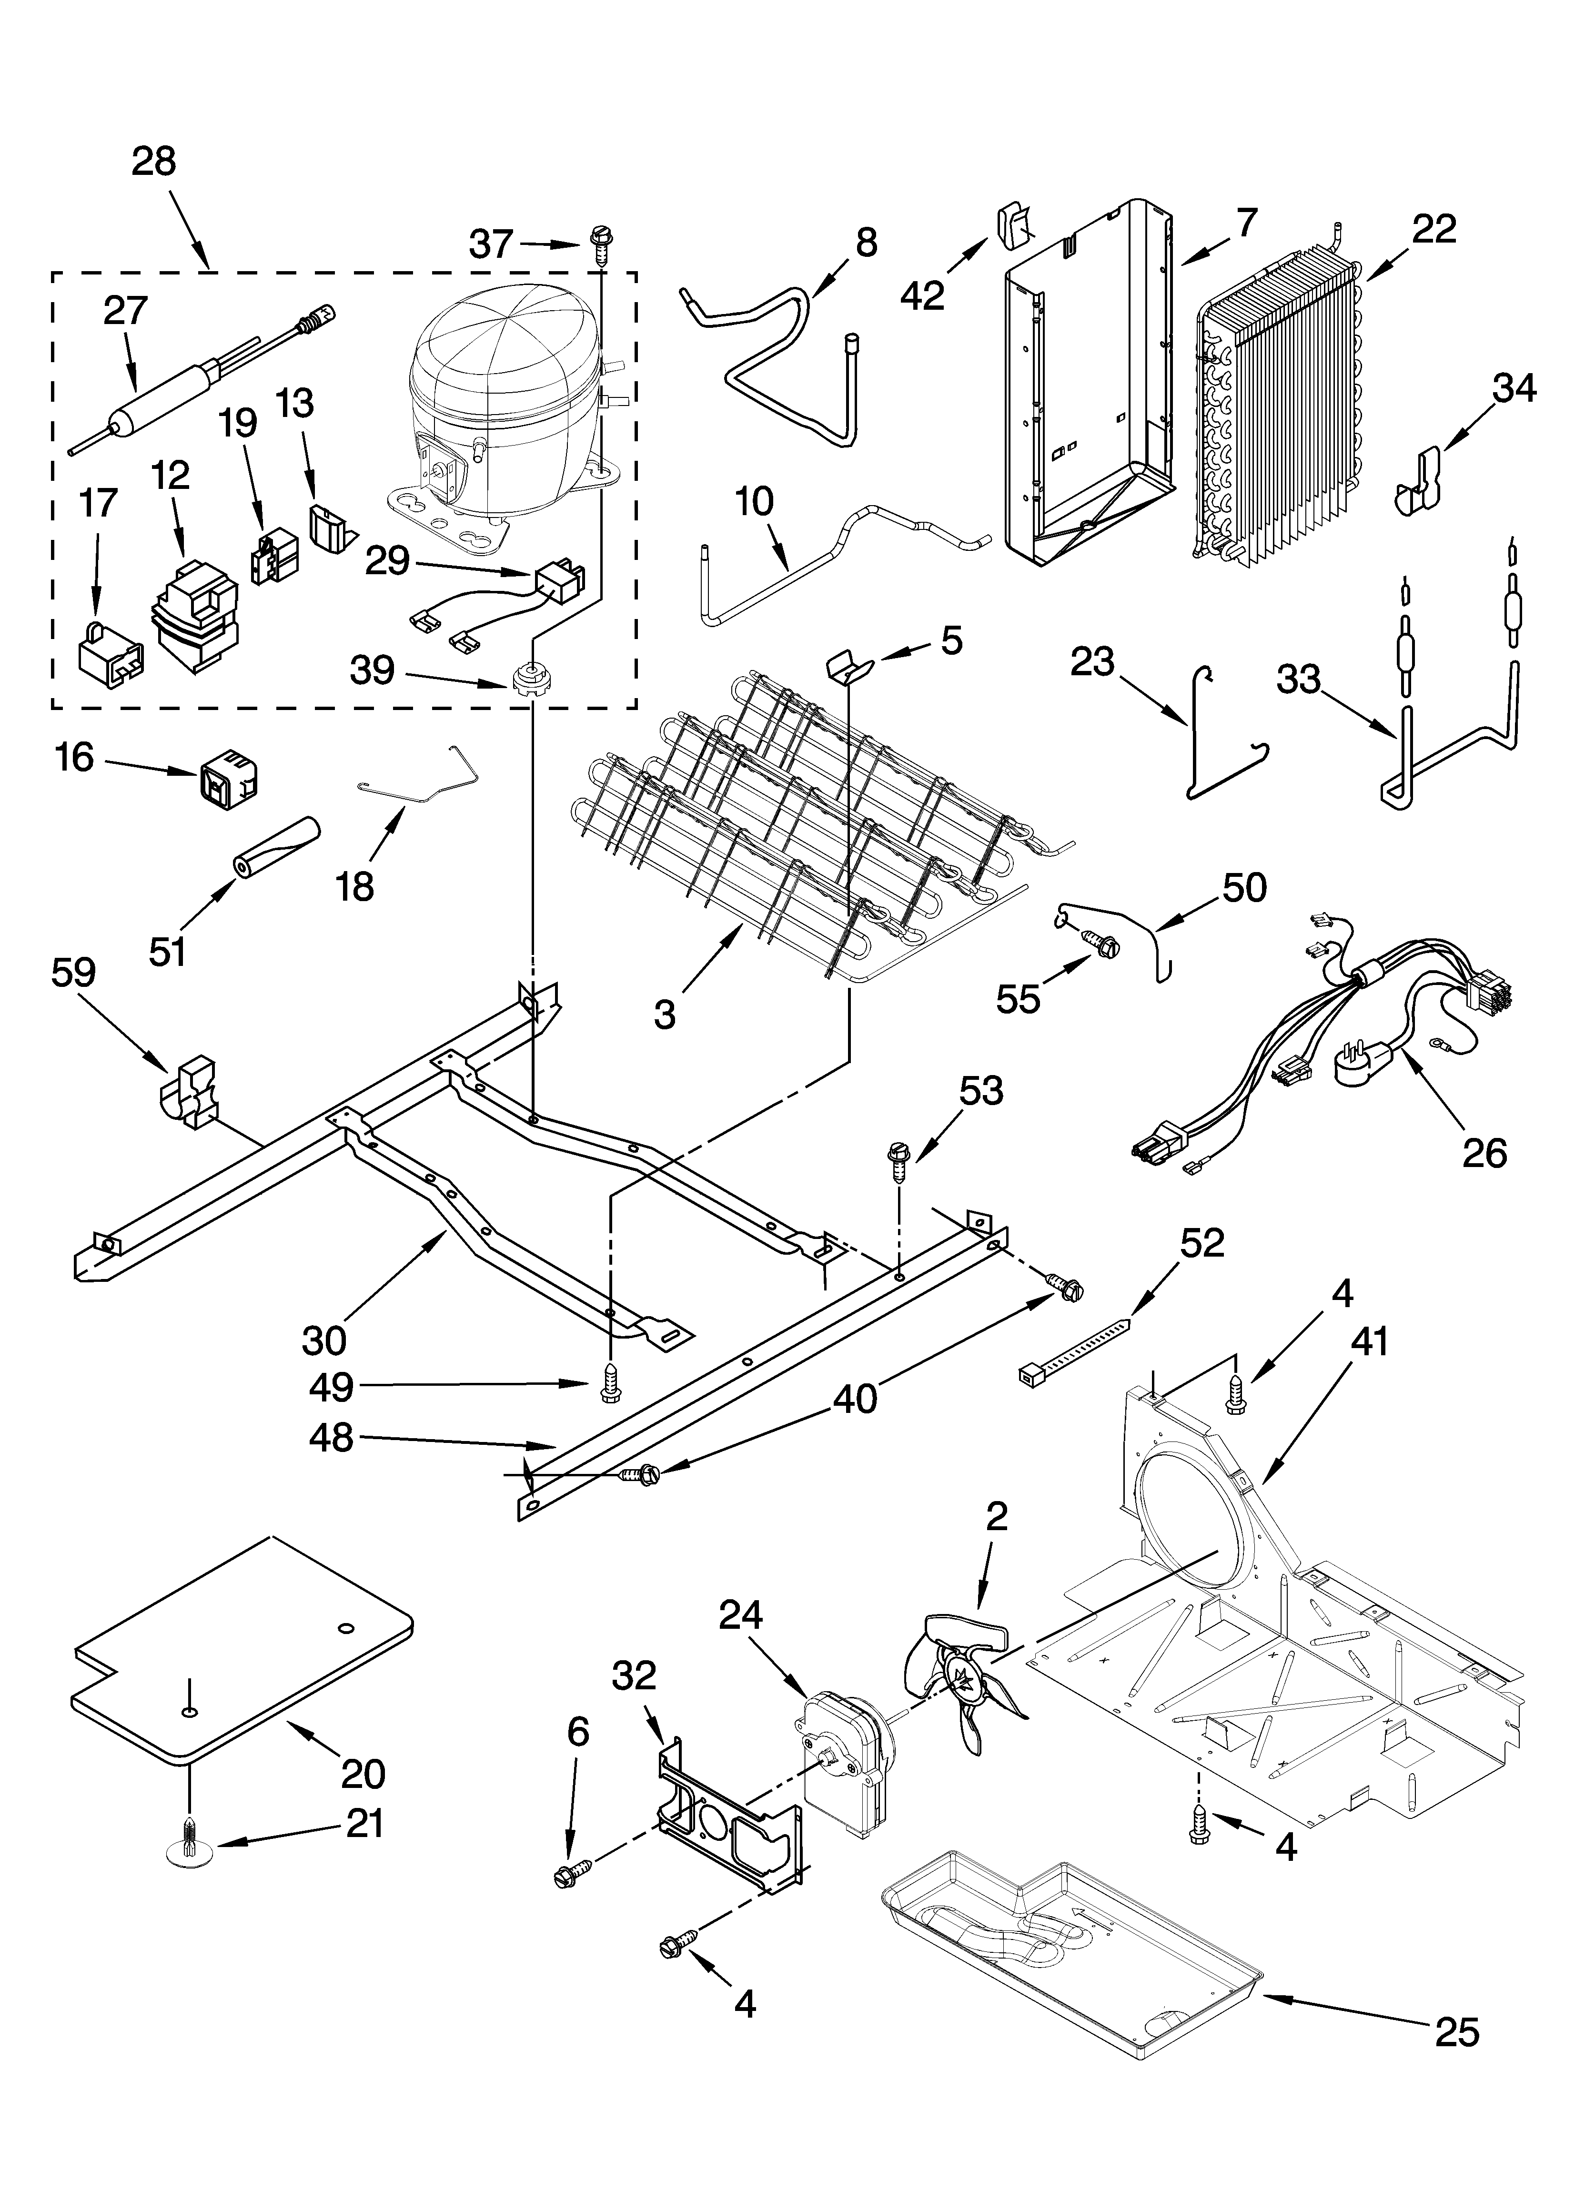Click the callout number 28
click(153, 161)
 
